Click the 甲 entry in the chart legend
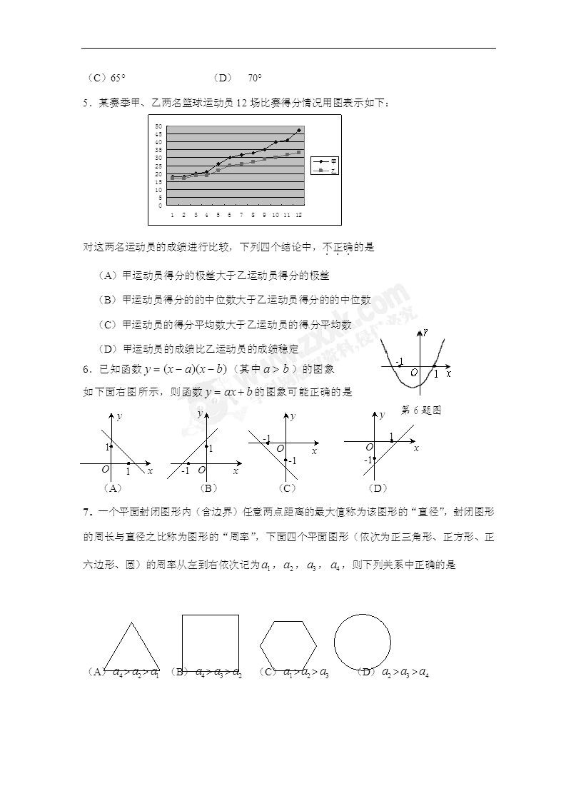[x=325, y=162]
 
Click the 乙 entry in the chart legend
[x=325, y=171]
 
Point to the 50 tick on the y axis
[x=161, y=126]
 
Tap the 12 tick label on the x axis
[x=298, y=214]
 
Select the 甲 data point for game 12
[x=298, y=131]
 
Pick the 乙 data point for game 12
[x=298, y=153]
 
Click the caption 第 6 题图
[x=422, y=410]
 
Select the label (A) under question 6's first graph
[x=113, y=488]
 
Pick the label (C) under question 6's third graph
[x=288, y=488]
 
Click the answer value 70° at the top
[x=255, y=78]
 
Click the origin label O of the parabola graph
[x=413, y=372]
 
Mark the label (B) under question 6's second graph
[x=208, y=488]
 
